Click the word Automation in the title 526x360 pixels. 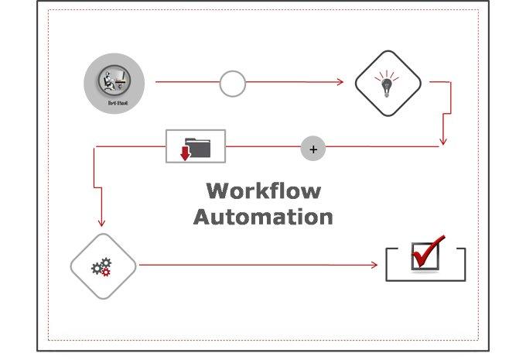[x=263, y=216]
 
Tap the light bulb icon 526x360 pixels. [x=388, y=83]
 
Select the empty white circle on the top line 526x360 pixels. [x=232, y=83]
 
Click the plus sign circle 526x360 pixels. [x=313, y=149]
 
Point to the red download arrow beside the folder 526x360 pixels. [x=185, y=151]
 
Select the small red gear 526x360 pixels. [x=107, y=271]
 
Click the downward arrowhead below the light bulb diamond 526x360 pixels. [x=442, y=141]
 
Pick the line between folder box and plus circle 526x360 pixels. [x=263, y=146]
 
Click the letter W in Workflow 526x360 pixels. [x=217, y=190]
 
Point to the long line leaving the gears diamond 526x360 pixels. [x=255, y=266]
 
